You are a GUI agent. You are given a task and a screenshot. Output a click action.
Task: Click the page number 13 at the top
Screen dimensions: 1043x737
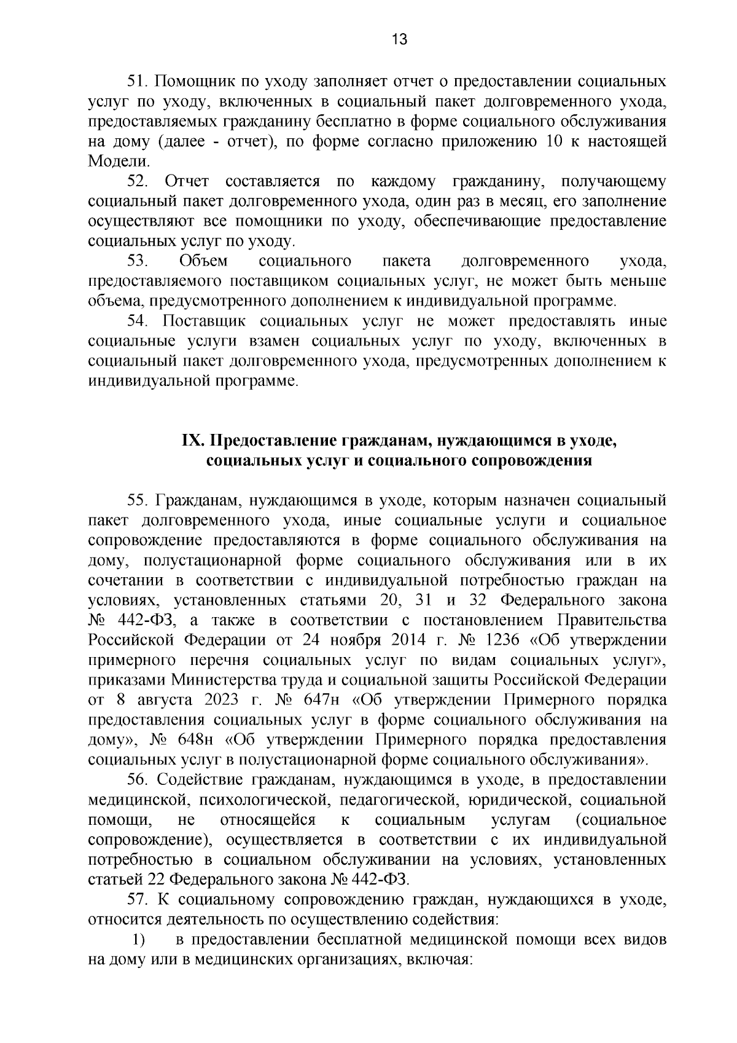(399, 40)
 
